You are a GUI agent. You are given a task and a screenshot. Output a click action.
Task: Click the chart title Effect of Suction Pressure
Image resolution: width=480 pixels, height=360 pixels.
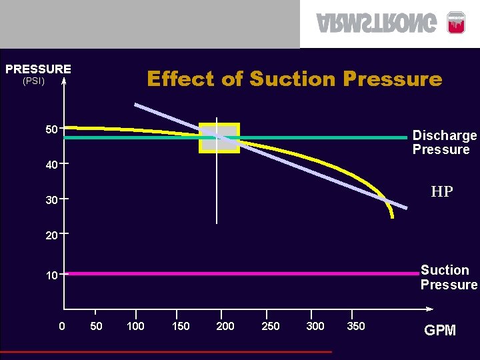[x=294, y=79]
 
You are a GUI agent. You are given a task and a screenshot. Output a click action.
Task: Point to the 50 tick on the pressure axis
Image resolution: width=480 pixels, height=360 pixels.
[x=51, y=129]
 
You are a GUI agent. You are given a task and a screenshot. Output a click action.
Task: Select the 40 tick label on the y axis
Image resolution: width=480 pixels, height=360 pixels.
[x=51, y=165]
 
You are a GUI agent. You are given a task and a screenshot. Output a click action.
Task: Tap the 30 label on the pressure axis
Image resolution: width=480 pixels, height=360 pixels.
[x=51, y=200]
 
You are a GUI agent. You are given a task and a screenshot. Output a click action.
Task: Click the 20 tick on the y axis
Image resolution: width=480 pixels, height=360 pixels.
[x=51, y=235]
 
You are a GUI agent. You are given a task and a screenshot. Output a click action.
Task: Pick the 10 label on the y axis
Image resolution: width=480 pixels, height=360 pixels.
[x=51, y=275]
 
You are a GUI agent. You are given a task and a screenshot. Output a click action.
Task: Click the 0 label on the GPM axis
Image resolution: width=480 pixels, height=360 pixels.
[x=62, y=326]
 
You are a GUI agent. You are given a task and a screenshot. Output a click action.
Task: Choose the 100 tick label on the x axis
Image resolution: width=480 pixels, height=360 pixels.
[x=136, y=326]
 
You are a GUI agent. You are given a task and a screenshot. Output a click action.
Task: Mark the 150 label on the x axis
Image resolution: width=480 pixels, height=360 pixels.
[x=181, y=326]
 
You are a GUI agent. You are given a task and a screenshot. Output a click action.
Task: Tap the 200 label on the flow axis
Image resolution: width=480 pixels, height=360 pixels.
[x=225, y=326]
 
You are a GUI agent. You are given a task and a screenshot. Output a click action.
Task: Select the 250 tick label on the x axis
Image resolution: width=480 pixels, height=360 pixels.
[x=270, y=326]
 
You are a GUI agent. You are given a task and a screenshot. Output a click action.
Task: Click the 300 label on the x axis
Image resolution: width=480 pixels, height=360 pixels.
[x=315, y=326]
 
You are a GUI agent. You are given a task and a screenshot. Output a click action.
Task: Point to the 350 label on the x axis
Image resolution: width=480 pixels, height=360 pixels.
[x=356, y=326]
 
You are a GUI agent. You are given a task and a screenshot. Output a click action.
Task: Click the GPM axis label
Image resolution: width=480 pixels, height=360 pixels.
[x=440, y=331]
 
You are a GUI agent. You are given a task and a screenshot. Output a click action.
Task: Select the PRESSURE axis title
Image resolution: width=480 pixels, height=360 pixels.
[x=38, y=69]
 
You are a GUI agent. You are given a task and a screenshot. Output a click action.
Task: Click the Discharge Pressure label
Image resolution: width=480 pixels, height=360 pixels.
[x=444, y=143]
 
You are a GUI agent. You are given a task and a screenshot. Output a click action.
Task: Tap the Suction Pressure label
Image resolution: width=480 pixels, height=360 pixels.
[x=448, y=277]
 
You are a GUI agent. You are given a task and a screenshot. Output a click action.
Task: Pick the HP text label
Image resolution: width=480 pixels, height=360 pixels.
[x=441, y=192]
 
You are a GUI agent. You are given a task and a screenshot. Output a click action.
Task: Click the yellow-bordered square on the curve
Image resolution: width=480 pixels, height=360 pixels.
[x=219, y=138]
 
